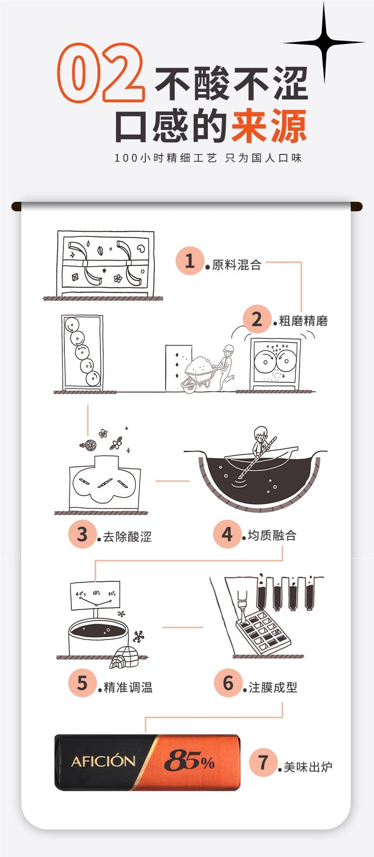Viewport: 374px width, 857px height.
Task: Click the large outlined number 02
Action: click(x=101, y=72)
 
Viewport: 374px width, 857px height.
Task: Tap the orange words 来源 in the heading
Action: click(x=269, y=126)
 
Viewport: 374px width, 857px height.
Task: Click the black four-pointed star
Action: click(x=324, y=42)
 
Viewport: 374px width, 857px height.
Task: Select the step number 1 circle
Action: click(x=190, y=261)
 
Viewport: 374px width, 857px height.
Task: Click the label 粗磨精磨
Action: click(x=303, y=321)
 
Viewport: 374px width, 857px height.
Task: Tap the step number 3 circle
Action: click(x=82, y=534)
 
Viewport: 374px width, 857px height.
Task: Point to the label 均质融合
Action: click(x=272, y=535)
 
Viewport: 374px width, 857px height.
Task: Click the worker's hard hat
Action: click(x=229, y=348)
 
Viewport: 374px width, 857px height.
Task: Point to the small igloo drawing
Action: click(x=124, y=657)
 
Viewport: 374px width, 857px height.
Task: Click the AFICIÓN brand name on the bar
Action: click(x=103, y=761)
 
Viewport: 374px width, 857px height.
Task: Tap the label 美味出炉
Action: click(x=308, y=767)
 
